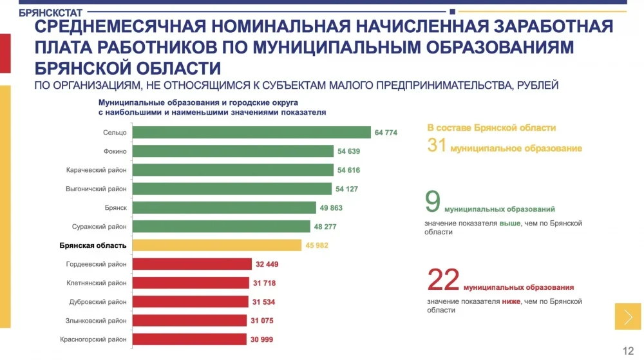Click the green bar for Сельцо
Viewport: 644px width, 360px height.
251,133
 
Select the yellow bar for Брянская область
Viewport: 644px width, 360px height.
216,245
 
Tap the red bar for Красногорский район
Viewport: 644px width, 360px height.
189,339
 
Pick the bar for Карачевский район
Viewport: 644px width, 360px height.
232,170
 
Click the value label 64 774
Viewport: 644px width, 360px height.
386,133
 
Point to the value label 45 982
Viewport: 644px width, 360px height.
316,245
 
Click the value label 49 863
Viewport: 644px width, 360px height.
331,208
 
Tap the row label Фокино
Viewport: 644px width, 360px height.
115,152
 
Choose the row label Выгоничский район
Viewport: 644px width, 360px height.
96,189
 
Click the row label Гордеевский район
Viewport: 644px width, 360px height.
96,264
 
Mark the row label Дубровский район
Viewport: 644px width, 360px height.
98,302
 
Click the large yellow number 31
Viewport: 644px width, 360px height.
437,146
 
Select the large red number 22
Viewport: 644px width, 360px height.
443,280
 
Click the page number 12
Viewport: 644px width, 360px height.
628,350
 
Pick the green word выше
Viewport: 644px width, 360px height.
509,223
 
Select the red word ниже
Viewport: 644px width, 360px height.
511,301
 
